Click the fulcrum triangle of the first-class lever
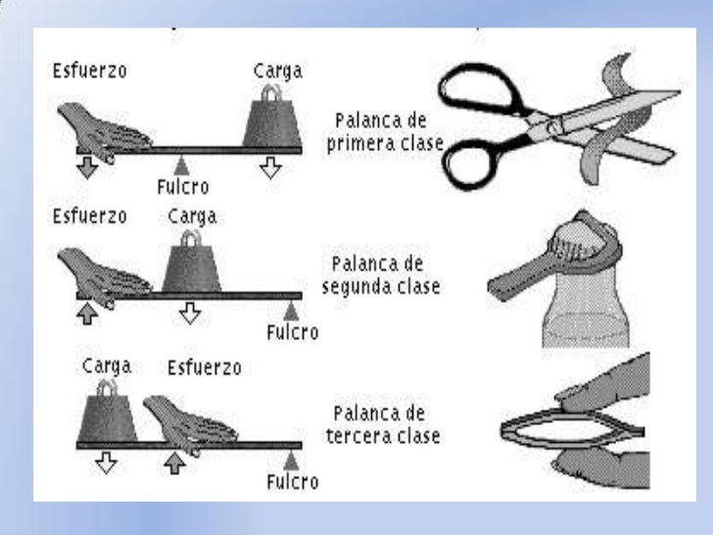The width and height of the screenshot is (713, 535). click(x=180, y=163)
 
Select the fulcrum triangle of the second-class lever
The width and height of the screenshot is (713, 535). click(x=290, y=312)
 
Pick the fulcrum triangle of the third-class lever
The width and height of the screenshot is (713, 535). click(x=290, y=459)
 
